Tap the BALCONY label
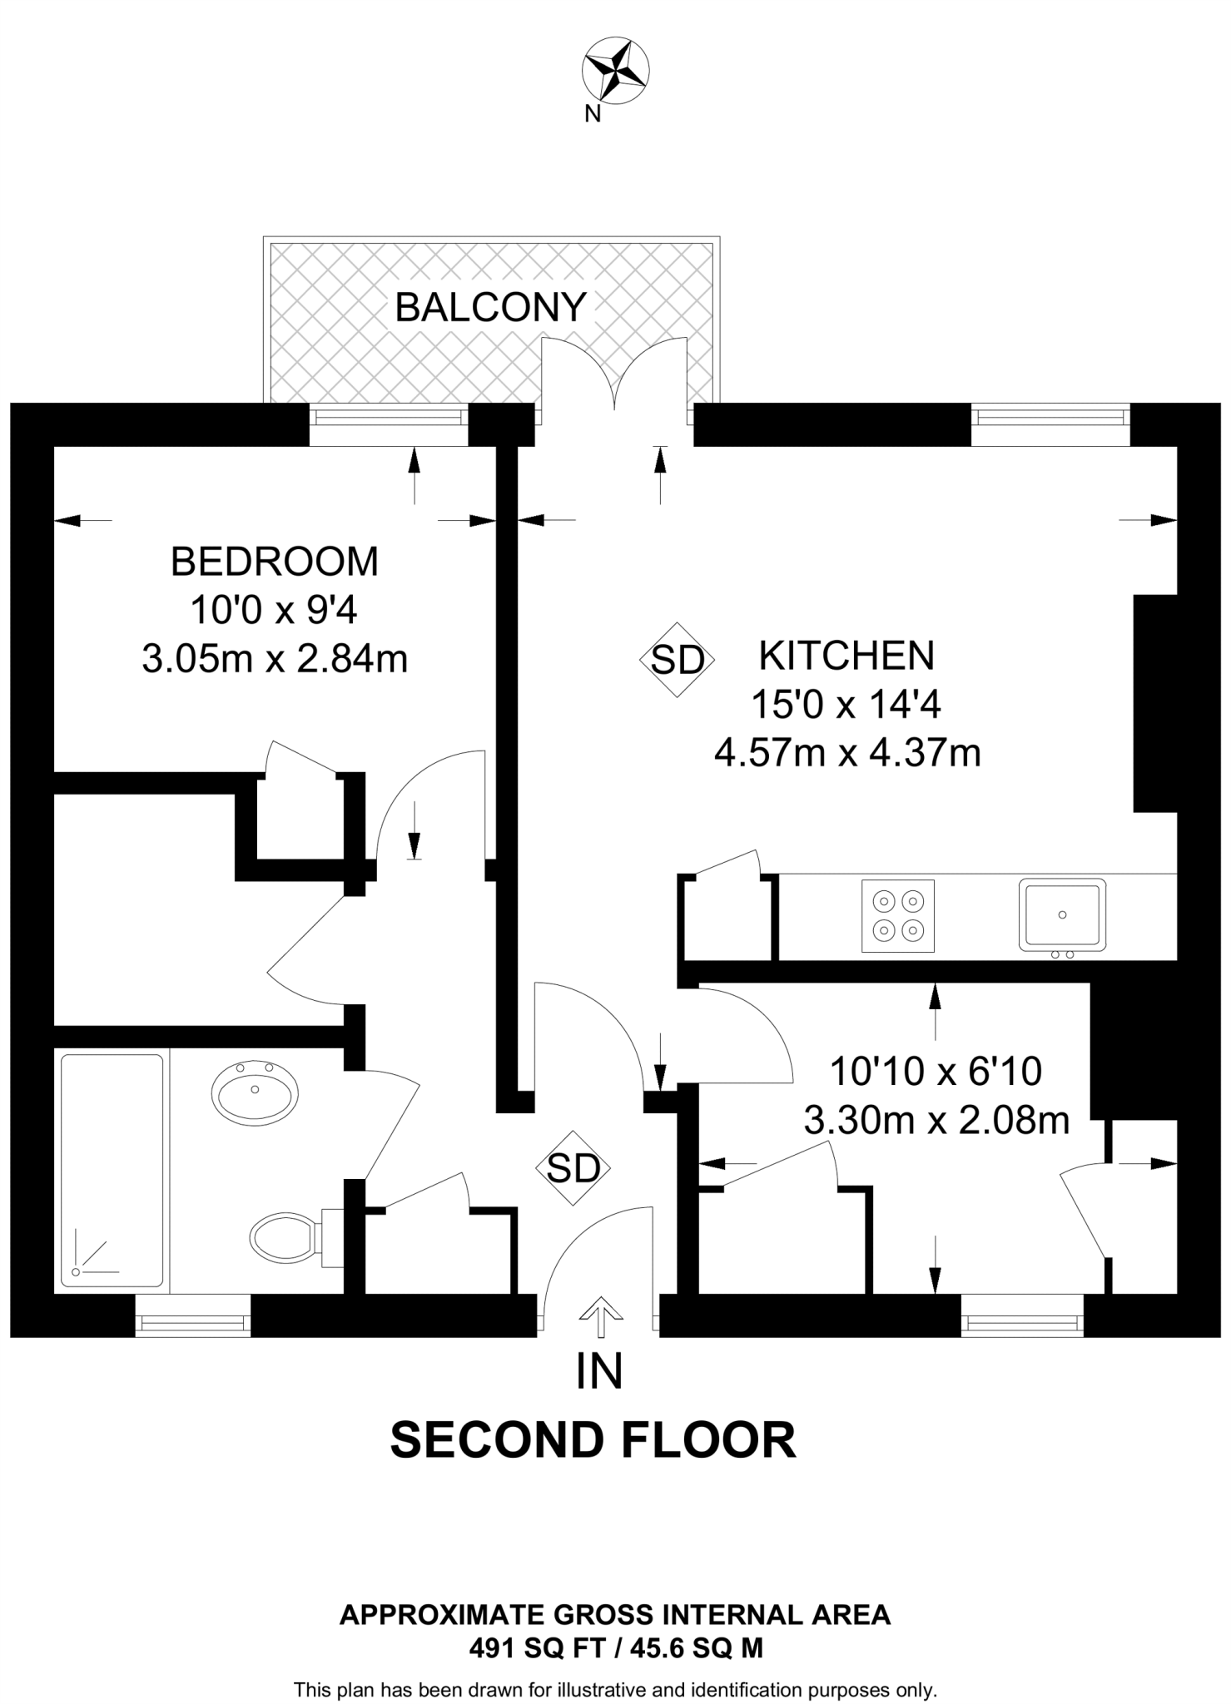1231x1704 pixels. tap(491, 307)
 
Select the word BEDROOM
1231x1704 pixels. tap(275, 562)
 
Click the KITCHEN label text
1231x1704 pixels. tap(846, 656)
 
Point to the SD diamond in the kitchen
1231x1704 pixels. tap(678, 660)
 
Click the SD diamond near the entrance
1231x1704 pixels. tap(573, 1168)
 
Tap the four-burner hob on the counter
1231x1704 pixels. tap(898, 915)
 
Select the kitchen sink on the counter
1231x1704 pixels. tap(1063, 914)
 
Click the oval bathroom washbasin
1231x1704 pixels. tap(255, 1091)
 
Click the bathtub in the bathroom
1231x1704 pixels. tap(112, 1173)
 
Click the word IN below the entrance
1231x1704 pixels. tap(599, 1371)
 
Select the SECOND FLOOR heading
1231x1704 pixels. tap(593, 1440)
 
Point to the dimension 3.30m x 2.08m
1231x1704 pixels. tap(936, 1122)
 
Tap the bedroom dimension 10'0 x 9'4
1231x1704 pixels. tap(274, 611)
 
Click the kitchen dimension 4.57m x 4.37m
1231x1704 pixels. tap(847, 754)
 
